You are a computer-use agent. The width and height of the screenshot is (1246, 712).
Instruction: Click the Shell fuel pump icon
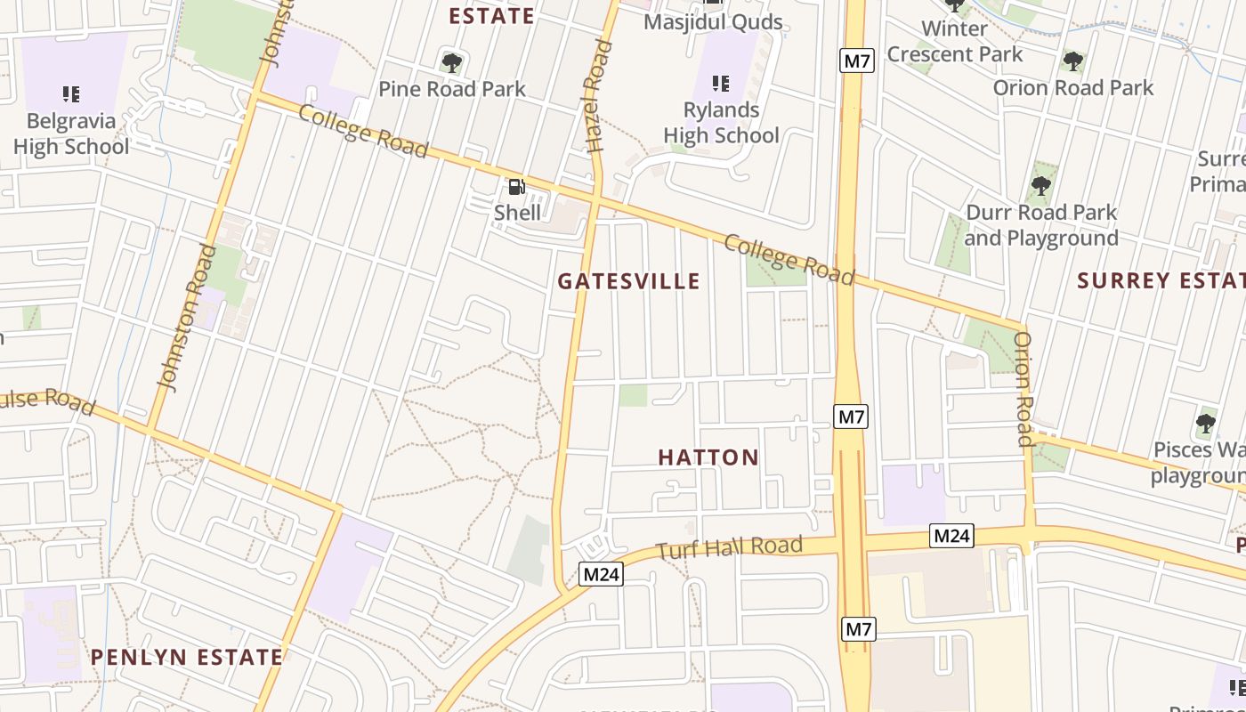pos(516,187)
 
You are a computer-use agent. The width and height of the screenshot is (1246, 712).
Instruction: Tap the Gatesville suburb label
pos(628,281)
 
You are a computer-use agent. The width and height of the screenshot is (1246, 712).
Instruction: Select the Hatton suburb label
pos(708,457)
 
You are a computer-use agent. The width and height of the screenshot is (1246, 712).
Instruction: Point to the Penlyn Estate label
pos(187,658)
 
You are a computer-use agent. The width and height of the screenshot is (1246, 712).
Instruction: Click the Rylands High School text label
pos(721,123)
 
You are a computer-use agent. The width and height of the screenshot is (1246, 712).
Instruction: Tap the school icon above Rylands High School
pos(721,84)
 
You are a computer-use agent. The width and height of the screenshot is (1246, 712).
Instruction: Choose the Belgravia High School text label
pos(71,133)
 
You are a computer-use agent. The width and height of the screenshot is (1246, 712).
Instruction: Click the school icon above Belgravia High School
pos(71,94)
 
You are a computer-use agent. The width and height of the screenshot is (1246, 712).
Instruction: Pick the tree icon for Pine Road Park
pos(452,63)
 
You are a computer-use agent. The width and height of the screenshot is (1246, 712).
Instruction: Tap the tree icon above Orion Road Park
pos(1072,61)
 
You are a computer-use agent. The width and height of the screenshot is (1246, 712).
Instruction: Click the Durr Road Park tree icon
pos(1040,187)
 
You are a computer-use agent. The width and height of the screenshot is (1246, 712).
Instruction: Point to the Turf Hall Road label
pos(730,547)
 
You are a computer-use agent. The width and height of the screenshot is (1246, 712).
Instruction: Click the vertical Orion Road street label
pos(1023,389)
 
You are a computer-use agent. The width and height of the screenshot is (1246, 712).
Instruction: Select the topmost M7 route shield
pos(857,61)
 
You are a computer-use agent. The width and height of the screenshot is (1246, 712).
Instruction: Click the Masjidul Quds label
pos(713,22)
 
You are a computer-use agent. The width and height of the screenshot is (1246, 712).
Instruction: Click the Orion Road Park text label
pos(1072,88)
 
